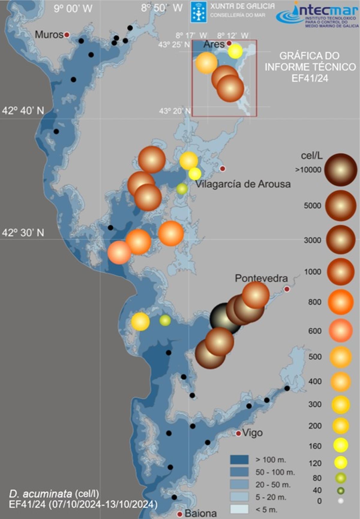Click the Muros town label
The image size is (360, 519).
(49, 34)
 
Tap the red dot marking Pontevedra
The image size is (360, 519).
(287, 289)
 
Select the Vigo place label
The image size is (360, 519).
(252, 433)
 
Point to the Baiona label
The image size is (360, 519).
(201, 513)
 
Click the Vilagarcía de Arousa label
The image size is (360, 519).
(243, 184)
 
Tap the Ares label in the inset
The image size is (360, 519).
(214, 44)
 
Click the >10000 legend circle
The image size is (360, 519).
(340, 170)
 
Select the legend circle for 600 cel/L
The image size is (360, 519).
(340, 330)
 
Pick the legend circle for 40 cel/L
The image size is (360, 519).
(340, 491)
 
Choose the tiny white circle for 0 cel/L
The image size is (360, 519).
(340, 501)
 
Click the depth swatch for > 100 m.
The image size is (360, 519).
(239, 460)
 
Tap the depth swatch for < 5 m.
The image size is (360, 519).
(239, 509)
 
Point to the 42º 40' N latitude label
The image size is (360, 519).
(23, 111)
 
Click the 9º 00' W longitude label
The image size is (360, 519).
(73, 8)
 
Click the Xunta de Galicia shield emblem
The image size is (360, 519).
(199, 12)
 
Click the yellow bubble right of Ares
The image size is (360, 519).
(235, 51)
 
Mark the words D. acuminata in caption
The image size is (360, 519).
(40, 493)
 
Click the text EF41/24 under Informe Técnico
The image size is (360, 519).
(310, 78)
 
